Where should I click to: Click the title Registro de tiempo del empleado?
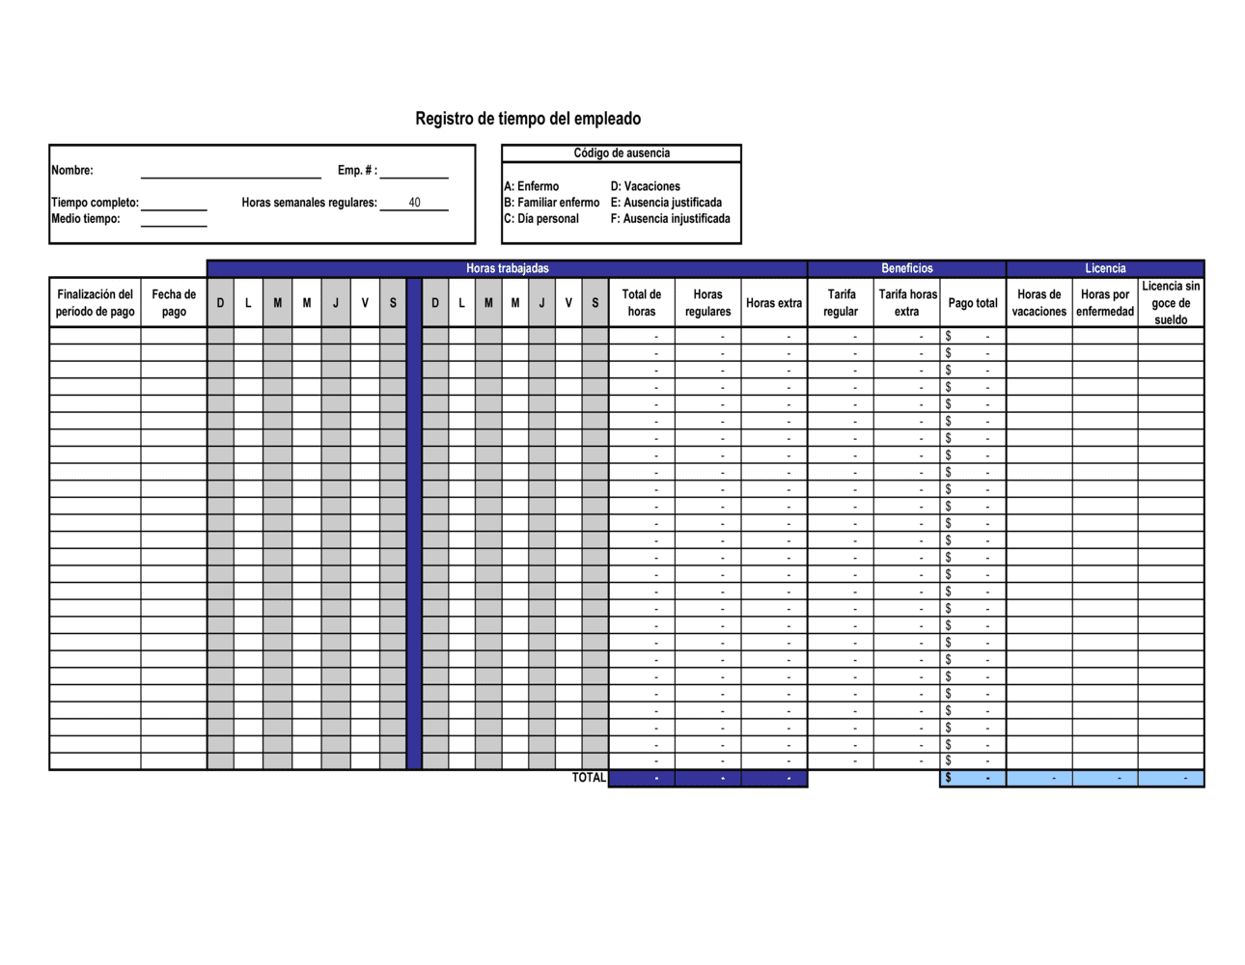pyautogui.click(x=528, y=119)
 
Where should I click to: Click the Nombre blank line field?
pyautogui.click(x=231, y=173)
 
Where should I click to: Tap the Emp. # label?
pyautogui.click(x=357, y=171)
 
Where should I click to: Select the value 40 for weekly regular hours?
pyautogui.click(x=414, y=203)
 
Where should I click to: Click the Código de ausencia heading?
pyautogui.click(x=622, y=153)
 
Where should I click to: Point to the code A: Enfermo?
pyautogui.click(x=532, y=186)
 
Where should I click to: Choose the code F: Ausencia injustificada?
pyautogui.click(x=670, y=219)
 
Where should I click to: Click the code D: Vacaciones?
pyautogui.click(x=645, y=186)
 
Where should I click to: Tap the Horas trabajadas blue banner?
pyautogui.click(x=507, y=268)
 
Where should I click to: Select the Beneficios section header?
pyautogui.click(x=906, y=268)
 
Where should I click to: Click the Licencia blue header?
pyautogui.click(x=1105, y=268)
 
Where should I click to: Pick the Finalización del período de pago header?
pyautogui.click(x=95, y=303)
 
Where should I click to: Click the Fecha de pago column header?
pyautogui.click(x=174, y=303)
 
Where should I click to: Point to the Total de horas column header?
pyautogui.click(x=642, y=303)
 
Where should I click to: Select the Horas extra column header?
pyautogui.click(x=774, y=303)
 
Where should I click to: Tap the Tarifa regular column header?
pyautogui.click(x=841, y=303)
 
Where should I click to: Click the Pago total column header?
pyautogui.click(x=973, y=303)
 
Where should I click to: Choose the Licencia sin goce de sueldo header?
pyautogui.click(x=1171, y=303)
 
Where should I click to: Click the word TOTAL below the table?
pyautogui.click(x=589, y=778)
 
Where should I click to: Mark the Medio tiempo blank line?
pyautogui.click(x=174, y=222)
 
